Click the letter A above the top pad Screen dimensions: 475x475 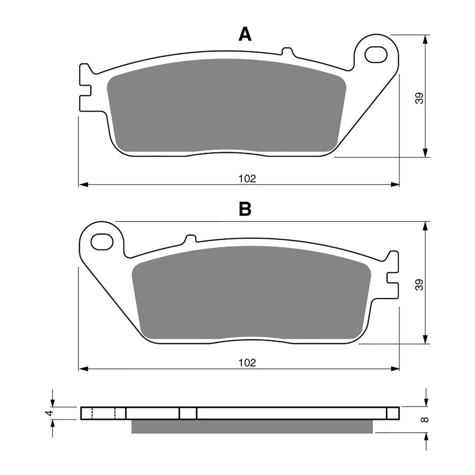coord(244,34)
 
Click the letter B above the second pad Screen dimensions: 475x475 coord(244,209)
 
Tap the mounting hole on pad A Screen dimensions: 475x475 coord(375,54)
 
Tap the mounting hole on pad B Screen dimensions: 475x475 coord(101,241)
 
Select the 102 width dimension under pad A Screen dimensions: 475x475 coord(247,178)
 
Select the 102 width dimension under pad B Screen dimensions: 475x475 coord(247,362)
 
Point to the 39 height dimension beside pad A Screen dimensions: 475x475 coord(420,98)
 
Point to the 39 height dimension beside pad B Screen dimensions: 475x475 coord(420,284)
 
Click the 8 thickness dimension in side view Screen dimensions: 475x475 coord(424,419)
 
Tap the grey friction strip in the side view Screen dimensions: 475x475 coord(252,426)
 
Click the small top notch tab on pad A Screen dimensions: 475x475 coord(286,51)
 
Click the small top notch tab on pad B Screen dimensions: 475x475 coord(189,238)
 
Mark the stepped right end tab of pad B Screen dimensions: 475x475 coord(392,275)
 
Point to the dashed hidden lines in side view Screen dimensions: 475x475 coord(104,413)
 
